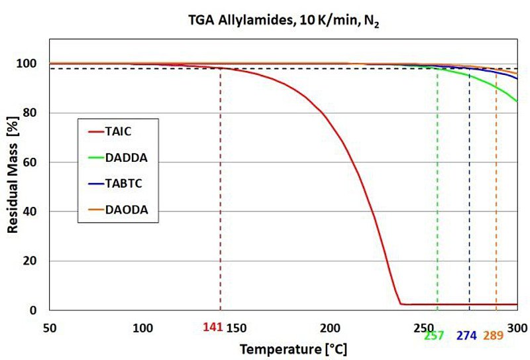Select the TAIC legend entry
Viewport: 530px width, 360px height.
pos(118,131)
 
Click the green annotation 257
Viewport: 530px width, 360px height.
pos(434,335)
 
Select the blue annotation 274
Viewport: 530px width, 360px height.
pos(466,335)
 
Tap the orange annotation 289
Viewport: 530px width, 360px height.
pos(493,335)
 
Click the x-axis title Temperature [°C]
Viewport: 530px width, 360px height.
pos(293,348)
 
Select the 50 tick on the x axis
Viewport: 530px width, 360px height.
pos(49,328)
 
